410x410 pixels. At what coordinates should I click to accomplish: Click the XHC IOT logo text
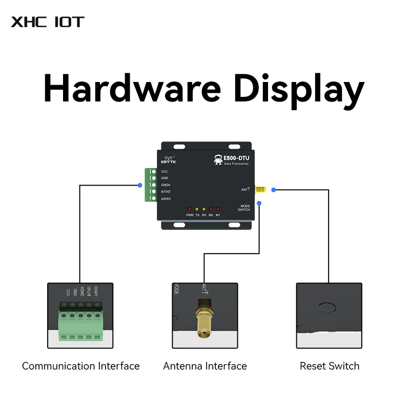[x=47, y=22]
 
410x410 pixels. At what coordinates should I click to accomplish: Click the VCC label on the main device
[x=164, y=171]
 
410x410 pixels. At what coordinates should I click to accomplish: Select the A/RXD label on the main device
[x=166, y=198]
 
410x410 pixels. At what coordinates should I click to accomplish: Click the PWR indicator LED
[x=190, y=209]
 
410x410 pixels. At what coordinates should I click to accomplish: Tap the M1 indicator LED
[x=218, y=209]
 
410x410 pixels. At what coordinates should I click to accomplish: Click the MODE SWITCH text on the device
[x=244, y=208]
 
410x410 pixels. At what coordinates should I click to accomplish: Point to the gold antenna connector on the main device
[x=260, y=190]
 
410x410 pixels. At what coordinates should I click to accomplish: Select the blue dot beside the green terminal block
[x=140, y=185]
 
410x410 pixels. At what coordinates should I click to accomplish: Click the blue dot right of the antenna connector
[x=274, y=190]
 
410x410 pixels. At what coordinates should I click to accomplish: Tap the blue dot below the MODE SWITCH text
[x=259, y=203]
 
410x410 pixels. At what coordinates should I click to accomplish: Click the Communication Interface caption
[x=80, y=366]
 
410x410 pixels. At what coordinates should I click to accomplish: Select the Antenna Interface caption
[x=204, y=366]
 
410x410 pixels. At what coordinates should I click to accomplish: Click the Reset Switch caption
[x=330, y=366]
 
